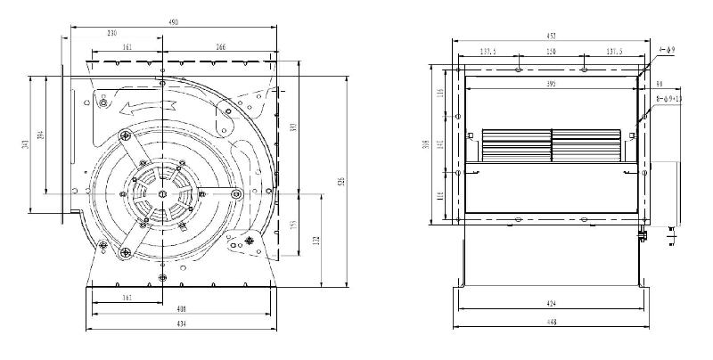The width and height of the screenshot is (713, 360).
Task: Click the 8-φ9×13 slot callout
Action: (x=666, y=98)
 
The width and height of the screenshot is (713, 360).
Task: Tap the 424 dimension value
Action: (x=553, y=304)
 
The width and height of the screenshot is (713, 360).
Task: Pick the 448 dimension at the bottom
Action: (x=553, y=322)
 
